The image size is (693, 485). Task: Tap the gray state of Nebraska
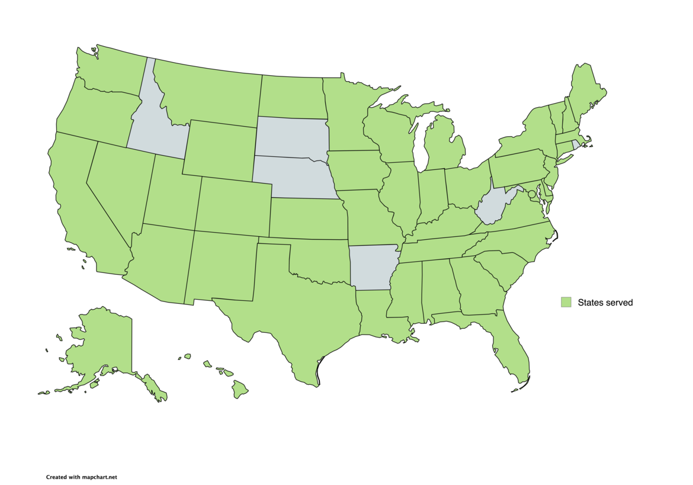tap(293, 176)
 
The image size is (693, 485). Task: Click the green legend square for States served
tap(566, 302)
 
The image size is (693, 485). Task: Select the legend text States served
tap(605, 303)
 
